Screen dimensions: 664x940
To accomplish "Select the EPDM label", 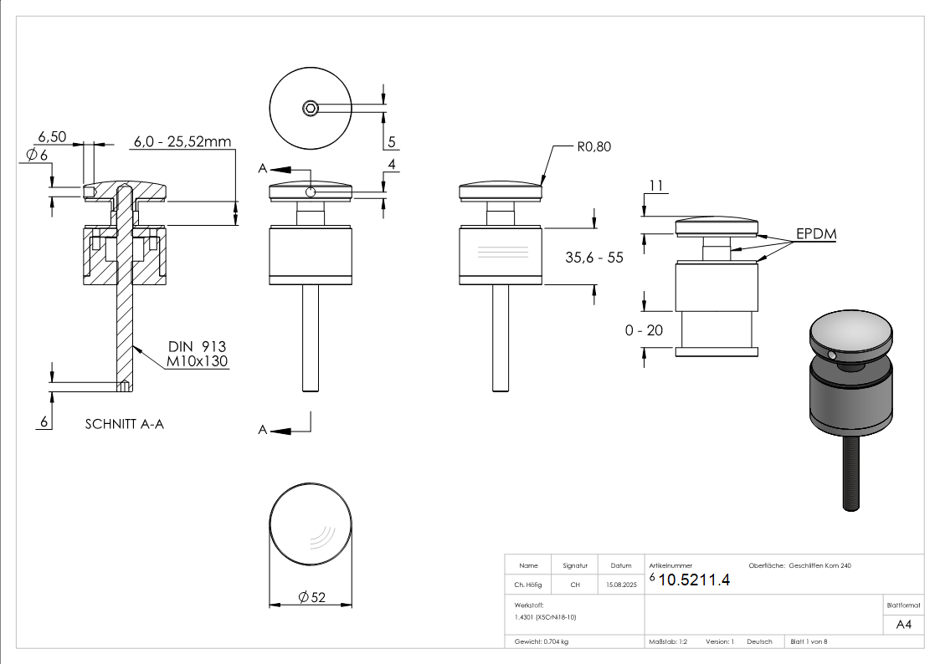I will pyautogui.click(x=815, y=235).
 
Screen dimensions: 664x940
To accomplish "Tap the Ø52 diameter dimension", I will pyautogui.click(x=311, y=597).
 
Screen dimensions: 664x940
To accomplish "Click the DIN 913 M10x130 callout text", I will pyautogui.click(x=197, y=354).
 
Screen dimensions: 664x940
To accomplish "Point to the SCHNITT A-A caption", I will pyautogui.click(x=125, y=424).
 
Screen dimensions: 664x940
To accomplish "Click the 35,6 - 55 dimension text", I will pyautogui.click(x=593, y=258).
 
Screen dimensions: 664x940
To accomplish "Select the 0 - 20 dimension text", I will pyautogui.click(x=644, y=330).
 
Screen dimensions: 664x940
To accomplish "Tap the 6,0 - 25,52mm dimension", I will pyautogui.click(x=182, y=142).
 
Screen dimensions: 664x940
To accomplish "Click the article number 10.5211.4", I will pyautogui.click(x=694, y=580).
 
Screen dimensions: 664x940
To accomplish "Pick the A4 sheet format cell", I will pyautogui.click(x=903, y=624).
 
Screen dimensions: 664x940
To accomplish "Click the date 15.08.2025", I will pyautogui.click(x=621, y=585).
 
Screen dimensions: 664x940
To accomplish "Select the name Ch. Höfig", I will pyautogui.click(x=528, y=585).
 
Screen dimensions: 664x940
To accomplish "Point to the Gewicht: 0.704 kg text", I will pyautogui.click(x=542, y=641).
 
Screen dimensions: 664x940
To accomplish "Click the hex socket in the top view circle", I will pyautogui.click(x=311, y=107).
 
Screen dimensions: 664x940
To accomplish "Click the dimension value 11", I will pyautogui.click(x=655, y=185).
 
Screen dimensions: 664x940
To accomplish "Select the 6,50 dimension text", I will pyautogui.click(x=52, y=136).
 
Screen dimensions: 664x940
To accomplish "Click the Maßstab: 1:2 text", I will pyautogui.click(x=668, y=641).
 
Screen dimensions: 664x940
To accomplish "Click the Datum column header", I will pyautogui.click(x=621, y=565).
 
